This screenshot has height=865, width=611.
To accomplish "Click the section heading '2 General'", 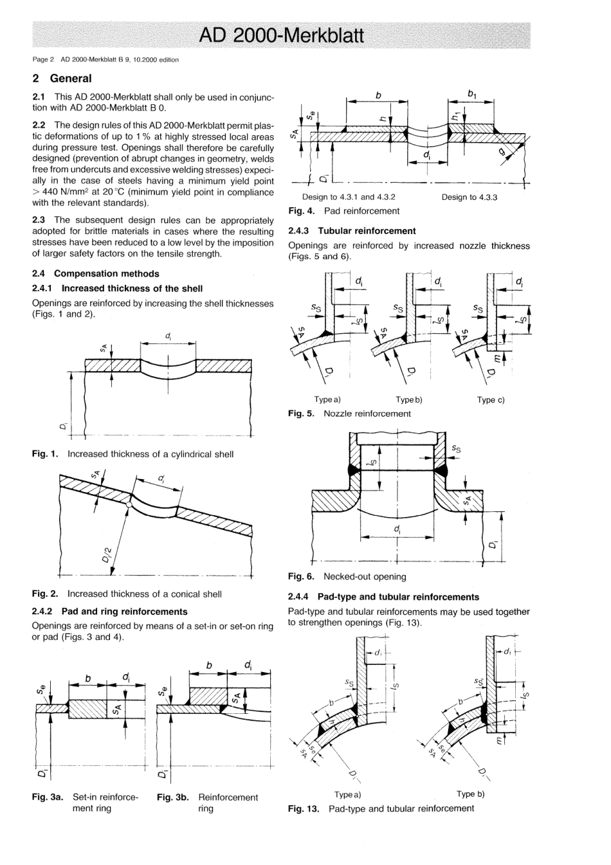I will [62, 78].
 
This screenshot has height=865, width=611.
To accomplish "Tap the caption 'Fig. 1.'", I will [46, 454].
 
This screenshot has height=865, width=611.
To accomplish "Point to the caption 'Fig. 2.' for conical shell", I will [46, 594].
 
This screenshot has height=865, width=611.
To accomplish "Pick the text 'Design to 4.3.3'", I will [470, 197].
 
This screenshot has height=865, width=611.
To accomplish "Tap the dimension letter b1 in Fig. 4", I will [473, 94].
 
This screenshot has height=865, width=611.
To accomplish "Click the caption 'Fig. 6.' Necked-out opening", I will [301, 576].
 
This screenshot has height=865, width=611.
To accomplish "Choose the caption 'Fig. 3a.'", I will [48, 797].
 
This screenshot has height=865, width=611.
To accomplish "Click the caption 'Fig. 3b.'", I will [172, 797].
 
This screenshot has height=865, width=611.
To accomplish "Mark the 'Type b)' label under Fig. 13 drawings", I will [470, 794].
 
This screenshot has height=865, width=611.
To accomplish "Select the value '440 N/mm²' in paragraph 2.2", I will [67, 192].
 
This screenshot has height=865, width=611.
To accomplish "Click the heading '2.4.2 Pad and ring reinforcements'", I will [109, 612].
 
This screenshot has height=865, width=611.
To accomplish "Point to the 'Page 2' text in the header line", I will [43, 60].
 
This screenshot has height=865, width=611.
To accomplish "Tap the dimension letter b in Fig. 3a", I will [88, 678].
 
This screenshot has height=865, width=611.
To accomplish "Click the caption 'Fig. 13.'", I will [304, 808].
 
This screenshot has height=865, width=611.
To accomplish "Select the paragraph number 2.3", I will [39, 220].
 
